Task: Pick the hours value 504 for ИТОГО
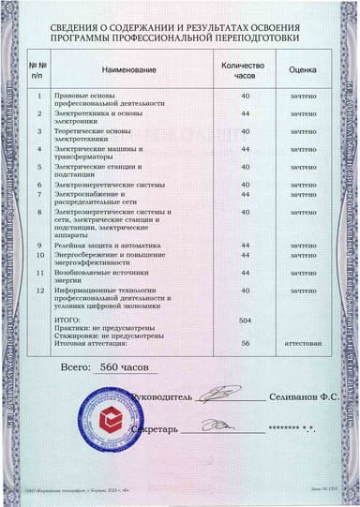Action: [x=245, y=321]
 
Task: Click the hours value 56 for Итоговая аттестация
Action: [x=245, y=344]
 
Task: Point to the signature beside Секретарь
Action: [x=220, y=425]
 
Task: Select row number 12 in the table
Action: [x=38, y=291]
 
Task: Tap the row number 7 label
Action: [x=38, y=195]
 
